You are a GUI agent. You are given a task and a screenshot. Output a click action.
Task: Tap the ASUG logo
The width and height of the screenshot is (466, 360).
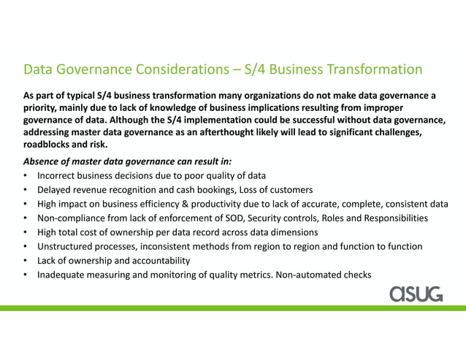click(x=416, y=294)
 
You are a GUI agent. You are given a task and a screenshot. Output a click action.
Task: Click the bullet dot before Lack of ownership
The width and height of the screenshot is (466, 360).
click(x=26, y=261)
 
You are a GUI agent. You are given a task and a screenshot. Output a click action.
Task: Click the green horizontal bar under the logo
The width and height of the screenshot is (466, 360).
click(x=233, y=308)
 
